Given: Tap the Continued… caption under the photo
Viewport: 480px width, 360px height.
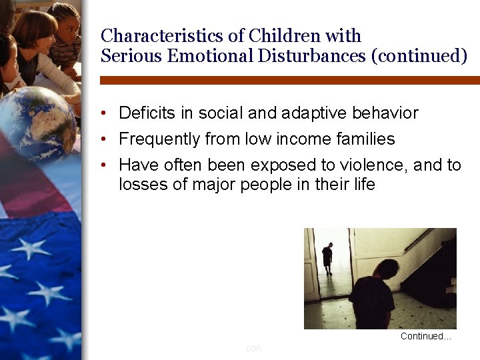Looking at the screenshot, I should click(x=425, y=337).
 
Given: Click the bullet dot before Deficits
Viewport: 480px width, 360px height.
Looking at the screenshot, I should click(x=105, y=114).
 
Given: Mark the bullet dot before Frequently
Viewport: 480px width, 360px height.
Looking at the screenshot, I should click(x=105, y=140).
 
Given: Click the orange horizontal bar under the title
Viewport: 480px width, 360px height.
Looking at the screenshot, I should click(x=289, y=80).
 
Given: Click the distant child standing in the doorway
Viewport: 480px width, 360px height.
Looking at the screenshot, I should click(x=327, y=257).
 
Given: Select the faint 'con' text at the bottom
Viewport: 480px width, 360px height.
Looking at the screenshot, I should click(x=253, y=348).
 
